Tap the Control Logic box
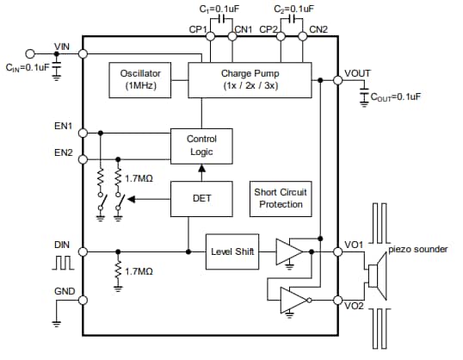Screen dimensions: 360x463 [x=201, y=146]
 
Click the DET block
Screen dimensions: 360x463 [x=201, y=198]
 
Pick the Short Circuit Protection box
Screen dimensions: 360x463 [x=281, y=198]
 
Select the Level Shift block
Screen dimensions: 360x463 [x=232, y=251]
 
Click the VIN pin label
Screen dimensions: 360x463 [x=63, y=46]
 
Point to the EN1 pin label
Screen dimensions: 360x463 [x=63, y=126]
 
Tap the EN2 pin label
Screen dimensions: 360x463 [x=63, y=153]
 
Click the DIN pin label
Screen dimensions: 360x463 [x=62, y=245]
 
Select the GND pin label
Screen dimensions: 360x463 [x=64, y=291]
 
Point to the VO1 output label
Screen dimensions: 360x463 [x=354, y=245]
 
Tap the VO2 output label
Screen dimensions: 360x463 [x=354, y=306]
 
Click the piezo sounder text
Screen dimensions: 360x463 [x=417, y=249]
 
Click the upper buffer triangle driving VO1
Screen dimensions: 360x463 [x=287, y=251]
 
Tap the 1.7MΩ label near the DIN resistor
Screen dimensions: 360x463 [x=139, y=271]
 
